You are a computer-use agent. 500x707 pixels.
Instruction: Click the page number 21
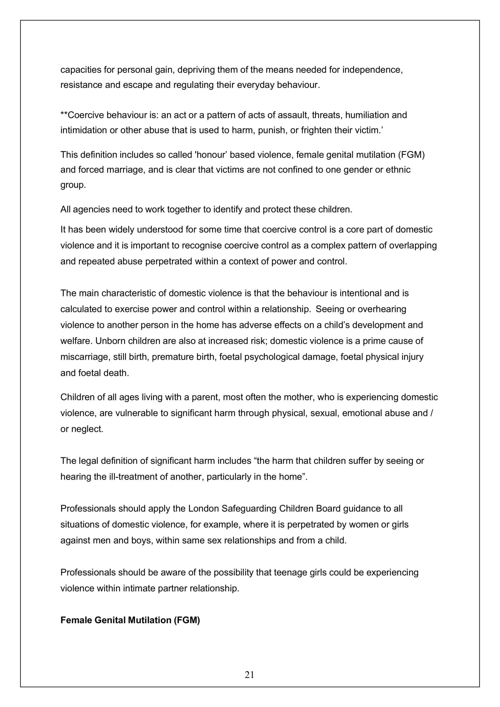coord(249,675)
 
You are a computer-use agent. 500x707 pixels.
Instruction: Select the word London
coord(203,508)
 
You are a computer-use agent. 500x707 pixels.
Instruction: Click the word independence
coord(372,70)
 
